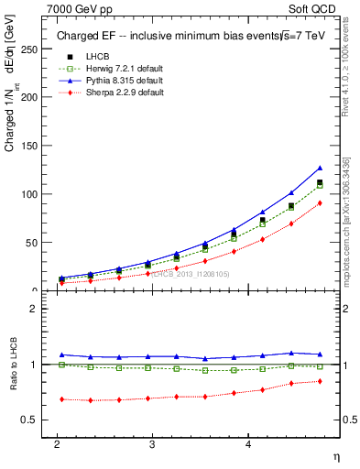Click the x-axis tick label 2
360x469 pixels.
click(x=57, y=444)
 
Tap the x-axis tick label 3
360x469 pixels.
click(x=152, y=444)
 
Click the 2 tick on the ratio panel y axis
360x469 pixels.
click(x=35, y=309)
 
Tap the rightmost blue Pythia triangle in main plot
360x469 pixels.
click(x=320, y=168)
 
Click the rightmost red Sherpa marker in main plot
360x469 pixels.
click(x=320, y=202)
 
